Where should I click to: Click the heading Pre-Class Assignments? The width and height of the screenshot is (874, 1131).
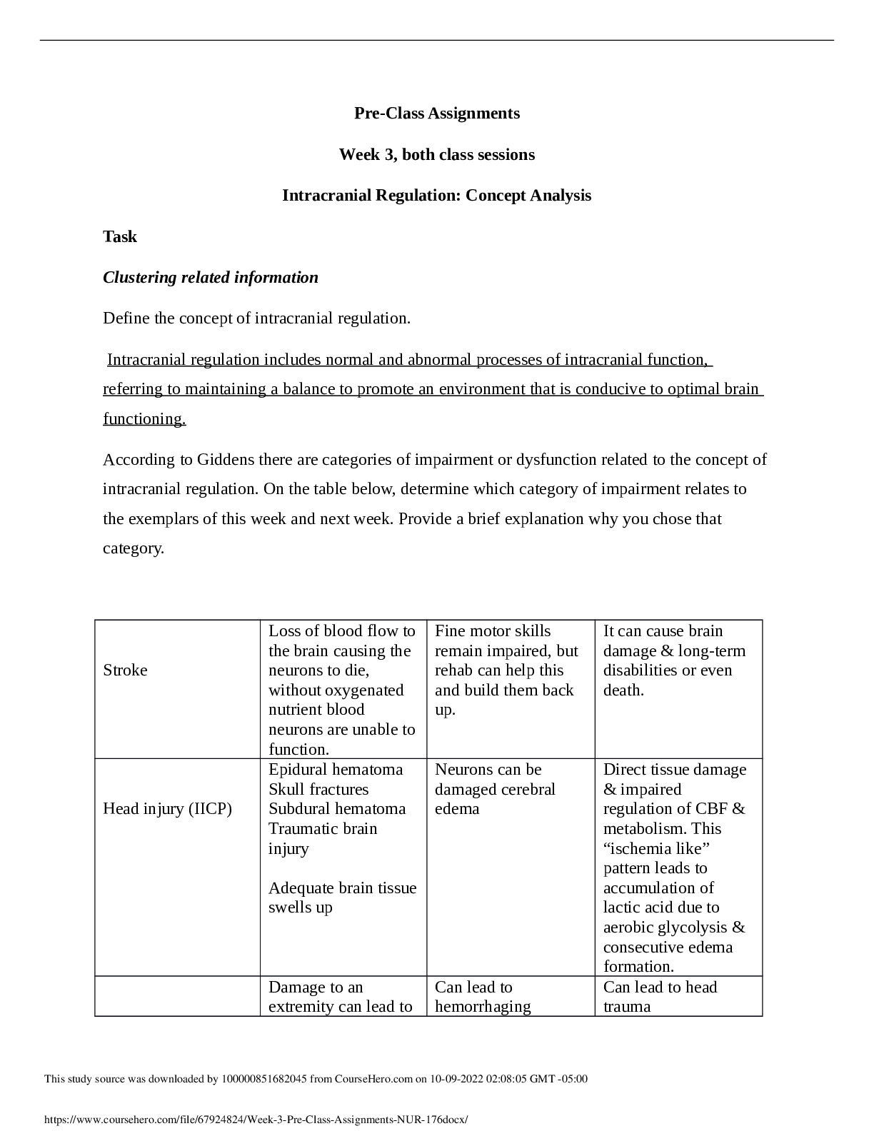(x=436, y=114)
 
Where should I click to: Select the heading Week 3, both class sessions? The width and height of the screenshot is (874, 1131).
(x=436, y=155)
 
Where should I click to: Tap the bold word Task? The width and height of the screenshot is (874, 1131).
(x=120, y=237)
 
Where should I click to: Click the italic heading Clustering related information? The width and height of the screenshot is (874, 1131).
(x=211, y=278)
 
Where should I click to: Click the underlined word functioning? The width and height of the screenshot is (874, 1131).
(x=144, y=419)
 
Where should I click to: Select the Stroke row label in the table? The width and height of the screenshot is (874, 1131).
(x=126, y=670)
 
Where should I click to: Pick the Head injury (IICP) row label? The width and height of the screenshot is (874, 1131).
(x=168, y=809)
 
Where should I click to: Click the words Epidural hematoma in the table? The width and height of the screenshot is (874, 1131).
(x=336, y=770)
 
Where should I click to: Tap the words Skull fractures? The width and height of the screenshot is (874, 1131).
(x=318, y=790)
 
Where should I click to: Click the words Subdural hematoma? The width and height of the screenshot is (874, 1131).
(x=337, y=809)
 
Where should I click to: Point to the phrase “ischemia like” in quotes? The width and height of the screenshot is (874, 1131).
(x=656, y=849)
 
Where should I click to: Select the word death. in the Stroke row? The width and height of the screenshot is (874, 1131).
(x=623, y=690)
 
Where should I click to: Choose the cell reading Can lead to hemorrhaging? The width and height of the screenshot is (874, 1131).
(x=483, y=997)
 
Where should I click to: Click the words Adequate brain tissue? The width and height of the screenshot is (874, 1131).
(x=342, y=888)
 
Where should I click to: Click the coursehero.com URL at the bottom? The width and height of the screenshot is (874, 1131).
(x=256, y=1120)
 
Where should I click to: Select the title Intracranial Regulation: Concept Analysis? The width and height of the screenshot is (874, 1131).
(x=436, y=196)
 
